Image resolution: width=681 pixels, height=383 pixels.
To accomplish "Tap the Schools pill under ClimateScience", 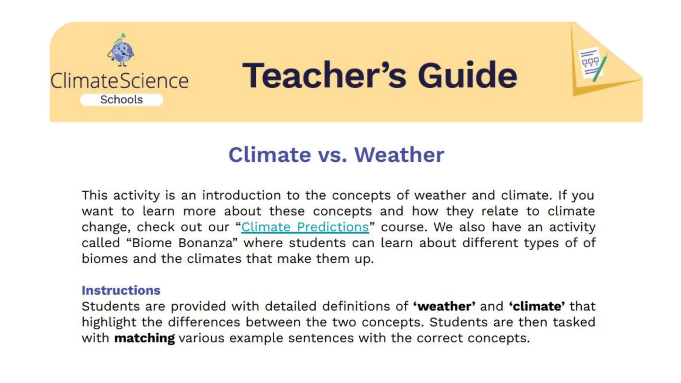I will (121, 100).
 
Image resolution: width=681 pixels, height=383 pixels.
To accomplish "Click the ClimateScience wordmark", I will (120, 81).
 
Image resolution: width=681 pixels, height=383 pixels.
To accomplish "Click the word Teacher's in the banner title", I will (324, 75).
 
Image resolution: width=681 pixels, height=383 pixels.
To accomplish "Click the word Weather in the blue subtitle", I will (399, 155).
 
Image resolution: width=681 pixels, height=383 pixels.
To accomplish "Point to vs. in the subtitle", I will (332, 155).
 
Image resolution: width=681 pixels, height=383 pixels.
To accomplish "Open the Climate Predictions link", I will (305, 227).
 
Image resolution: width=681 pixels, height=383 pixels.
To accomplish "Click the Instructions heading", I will (121, 290).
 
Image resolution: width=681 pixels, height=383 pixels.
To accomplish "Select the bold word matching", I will (144, 338).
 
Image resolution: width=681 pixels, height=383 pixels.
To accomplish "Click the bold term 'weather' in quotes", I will (444, 306).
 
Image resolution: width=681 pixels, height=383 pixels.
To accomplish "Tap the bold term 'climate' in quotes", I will (537, 306).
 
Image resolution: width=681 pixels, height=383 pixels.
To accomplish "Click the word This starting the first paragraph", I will (94, 195).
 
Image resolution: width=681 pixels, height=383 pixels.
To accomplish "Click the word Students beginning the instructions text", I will (105, 306).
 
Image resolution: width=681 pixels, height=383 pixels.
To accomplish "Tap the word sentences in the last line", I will (321, 338).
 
